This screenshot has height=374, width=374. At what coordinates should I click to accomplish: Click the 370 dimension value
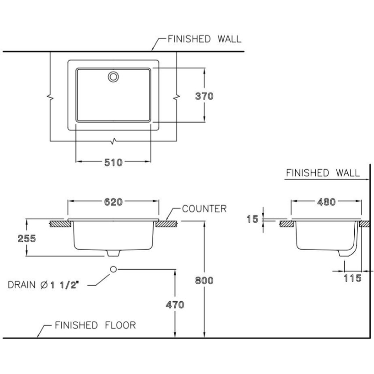click(x=205, y=96)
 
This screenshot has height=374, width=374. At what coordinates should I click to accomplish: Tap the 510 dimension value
click(x=113, y=162)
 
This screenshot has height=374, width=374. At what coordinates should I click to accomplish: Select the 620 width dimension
click(x=113, y=202)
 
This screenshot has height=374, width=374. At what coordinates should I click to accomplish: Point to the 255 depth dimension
click(x=15, y=238)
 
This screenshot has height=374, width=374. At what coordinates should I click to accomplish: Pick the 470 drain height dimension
click(x=175, y=304)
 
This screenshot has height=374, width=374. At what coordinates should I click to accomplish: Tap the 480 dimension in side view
click(x=327, y=202)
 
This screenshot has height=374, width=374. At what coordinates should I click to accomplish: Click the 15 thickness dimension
click(x=252, y=219)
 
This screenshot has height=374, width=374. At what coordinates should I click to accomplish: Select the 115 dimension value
click(x=353, y=278)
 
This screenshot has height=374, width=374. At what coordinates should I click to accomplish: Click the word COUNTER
click(x=205, y=208)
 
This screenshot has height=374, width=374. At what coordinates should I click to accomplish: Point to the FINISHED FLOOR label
click(x=95, y=325)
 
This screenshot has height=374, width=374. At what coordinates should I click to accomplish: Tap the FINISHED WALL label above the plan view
click(x=204, y=39)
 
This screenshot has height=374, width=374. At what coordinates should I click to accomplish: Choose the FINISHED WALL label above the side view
click(x=322, y=173)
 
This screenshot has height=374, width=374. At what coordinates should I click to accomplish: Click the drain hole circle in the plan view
click(x=113, y=77)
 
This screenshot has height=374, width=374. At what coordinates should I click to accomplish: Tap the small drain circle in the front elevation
click(x=113, y=269)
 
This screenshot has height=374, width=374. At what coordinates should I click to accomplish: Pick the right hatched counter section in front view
click(x=166, y=223)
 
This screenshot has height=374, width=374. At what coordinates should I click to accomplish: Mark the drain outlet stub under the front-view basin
click(x=113, y=253)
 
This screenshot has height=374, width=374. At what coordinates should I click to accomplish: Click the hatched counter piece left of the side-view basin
click(x=286, y=223)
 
